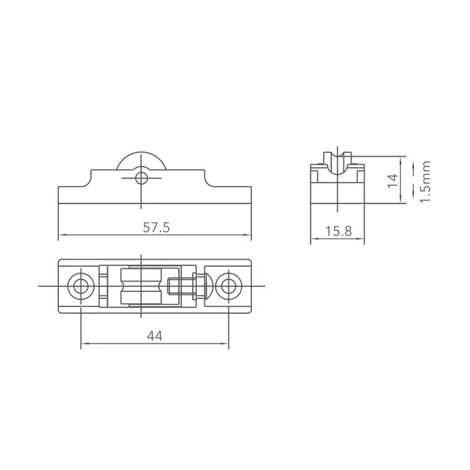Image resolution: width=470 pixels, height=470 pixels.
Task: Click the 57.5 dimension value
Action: point(156,227)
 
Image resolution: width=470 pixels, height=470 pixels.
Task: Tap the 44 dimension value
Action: point(155,337)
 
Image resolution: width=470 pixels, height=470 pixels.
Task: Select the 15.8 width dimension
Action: point(338,231)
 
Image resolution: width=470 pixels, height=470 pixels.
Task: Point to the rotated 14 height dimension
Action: point(393,180)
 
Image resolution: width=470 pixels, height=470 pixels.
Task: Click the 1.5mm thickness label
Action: point(425,182)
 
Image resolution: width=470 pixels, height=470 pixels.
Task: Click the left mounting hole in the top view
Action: point(81,286)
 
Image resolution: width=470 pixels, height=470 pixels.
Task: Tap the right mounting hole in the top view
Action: point(228,286)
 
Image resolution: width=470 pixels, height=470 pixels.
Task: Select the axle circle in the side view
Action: point(141,179)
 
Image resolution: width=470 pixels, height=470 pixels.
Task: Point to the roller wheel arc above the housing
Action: point(141,152)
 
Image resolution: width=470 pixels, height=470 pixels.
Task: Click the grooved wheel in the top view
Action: point(141,286)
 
